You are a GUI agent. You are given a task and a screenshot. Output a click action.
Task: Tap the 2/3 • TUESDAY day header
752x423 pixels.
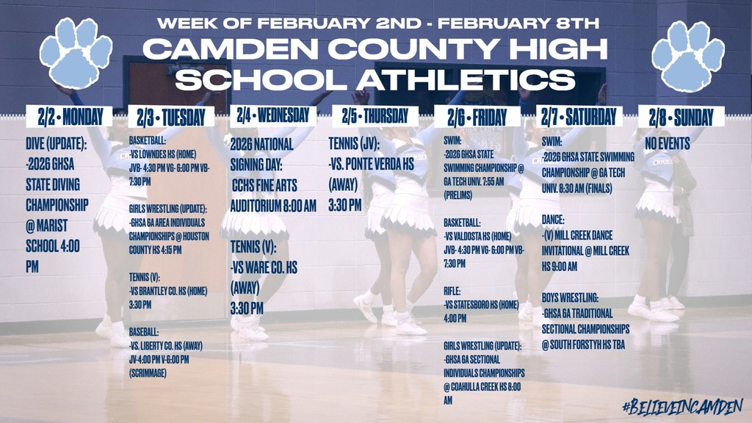[x=171, y=117]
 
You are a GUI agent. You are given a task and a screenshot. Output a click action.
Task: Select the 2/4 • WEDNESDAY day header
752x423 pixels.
[x=273, y=115]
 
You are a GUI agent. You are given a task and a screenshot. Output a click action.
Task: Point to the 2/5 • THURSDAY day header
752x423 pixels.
[x=375, y=115]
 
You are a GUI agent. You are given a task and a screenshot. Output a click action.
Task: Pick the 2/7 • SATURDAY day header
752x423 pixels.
[x=579, y=116]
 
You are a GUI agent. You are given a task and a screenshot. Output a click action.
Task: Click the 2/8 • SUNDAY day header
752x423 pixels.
[x=681, y=117]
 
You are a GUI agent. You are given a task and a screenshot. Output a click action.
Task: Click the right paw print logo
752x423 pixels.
[x=687, y=54]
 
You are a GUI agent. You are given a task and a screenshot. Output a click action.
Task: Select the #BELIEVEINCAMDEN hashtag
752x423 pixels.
[x=681, y=406]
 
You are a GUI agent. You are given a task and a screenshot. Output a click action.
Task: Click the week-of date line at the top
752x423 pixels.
[x=378, y=23]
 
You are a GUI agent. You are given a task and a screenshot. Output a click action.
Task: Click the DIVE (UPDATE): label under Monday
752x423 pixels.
[x=57, y=145]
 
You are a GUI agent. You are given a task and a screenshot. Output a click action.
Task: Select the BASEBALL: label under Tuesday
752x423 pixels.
[x=144, y=331]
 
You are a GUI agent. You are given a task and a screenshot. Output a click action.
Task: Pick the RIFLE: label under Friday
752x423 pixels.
[x=453, y=291]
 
